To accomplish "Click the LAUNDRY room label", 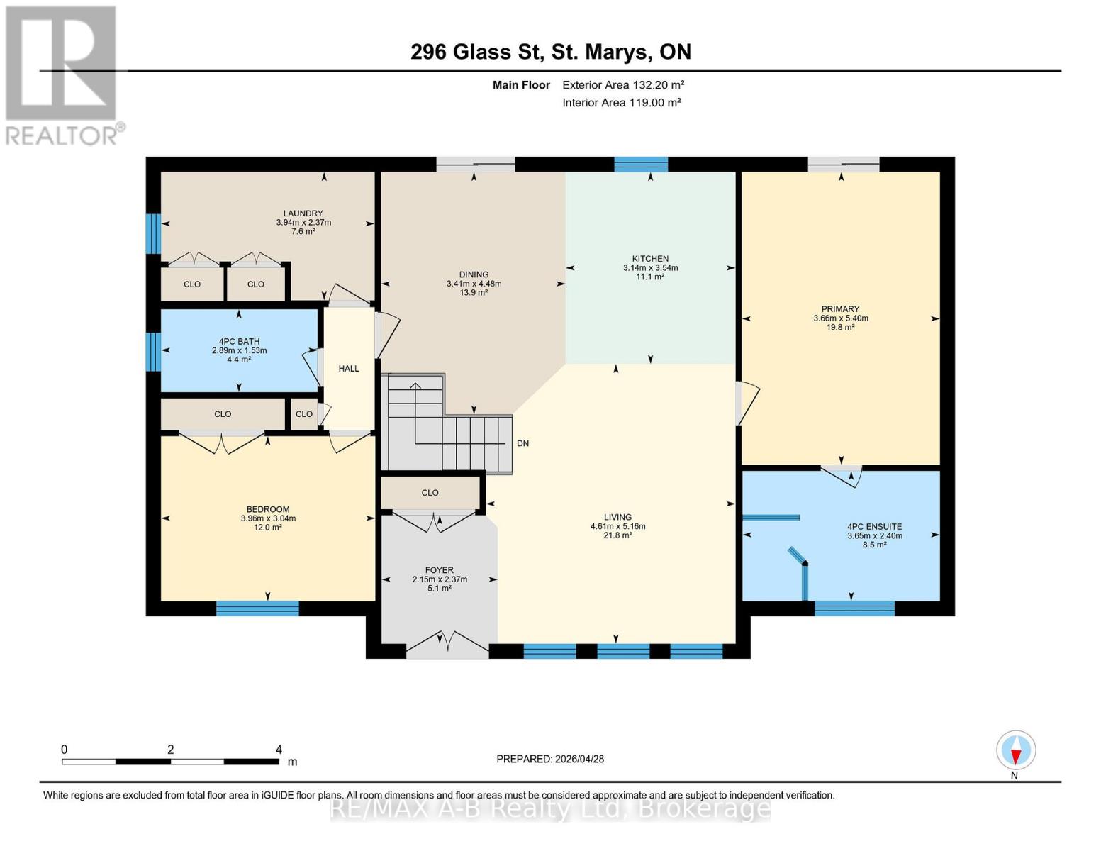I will pyautogui.click(x=303, y=213).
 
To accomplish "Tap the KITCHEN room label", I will pyautogui.click(x=650, y=259).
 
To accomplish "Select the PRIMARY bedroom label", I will pyautogui.click(x=840, y=309).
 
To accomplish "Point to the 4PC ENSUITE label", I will pyautogui.click(x=874, y=527).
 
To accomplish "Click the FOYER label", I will pyautogui.click(x=439, y=570).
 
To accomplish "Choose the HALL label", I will pyautogui.click(x=348, y=369).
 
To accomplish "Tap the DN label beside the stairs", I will pyautogui.click(x=522, y=444).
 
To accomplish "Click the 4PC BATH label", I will pyautogui.click(x=239, y=342).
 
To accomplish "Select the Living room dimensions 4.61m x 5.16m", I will pyautogui.click(x=617, y=526).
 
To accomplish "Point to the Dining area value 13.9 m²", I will pyautogui.click(x=474, y=293).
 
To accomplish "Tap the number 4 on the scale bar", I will pyautogui.click(x=279, y=750).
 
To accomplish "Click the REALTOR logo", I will pyautogui.click(x=62, y=74).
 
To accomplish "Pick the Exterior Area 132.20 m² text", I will pyautogui.click(x=623, y=85).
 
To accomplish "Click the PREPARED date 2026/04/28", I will pyautogui.click(x=550, y=759).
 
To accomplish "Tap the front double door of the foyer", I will pyautogui.click(x=447, y=644).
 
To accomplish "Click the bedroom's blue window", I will pyautogui.click(x=257, y=608).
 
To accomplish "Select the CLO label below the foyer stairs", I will pyautogui.click(x=430, y=493).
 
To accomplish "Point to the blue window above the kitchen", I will pyautogui.click(x=640, y=165).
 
